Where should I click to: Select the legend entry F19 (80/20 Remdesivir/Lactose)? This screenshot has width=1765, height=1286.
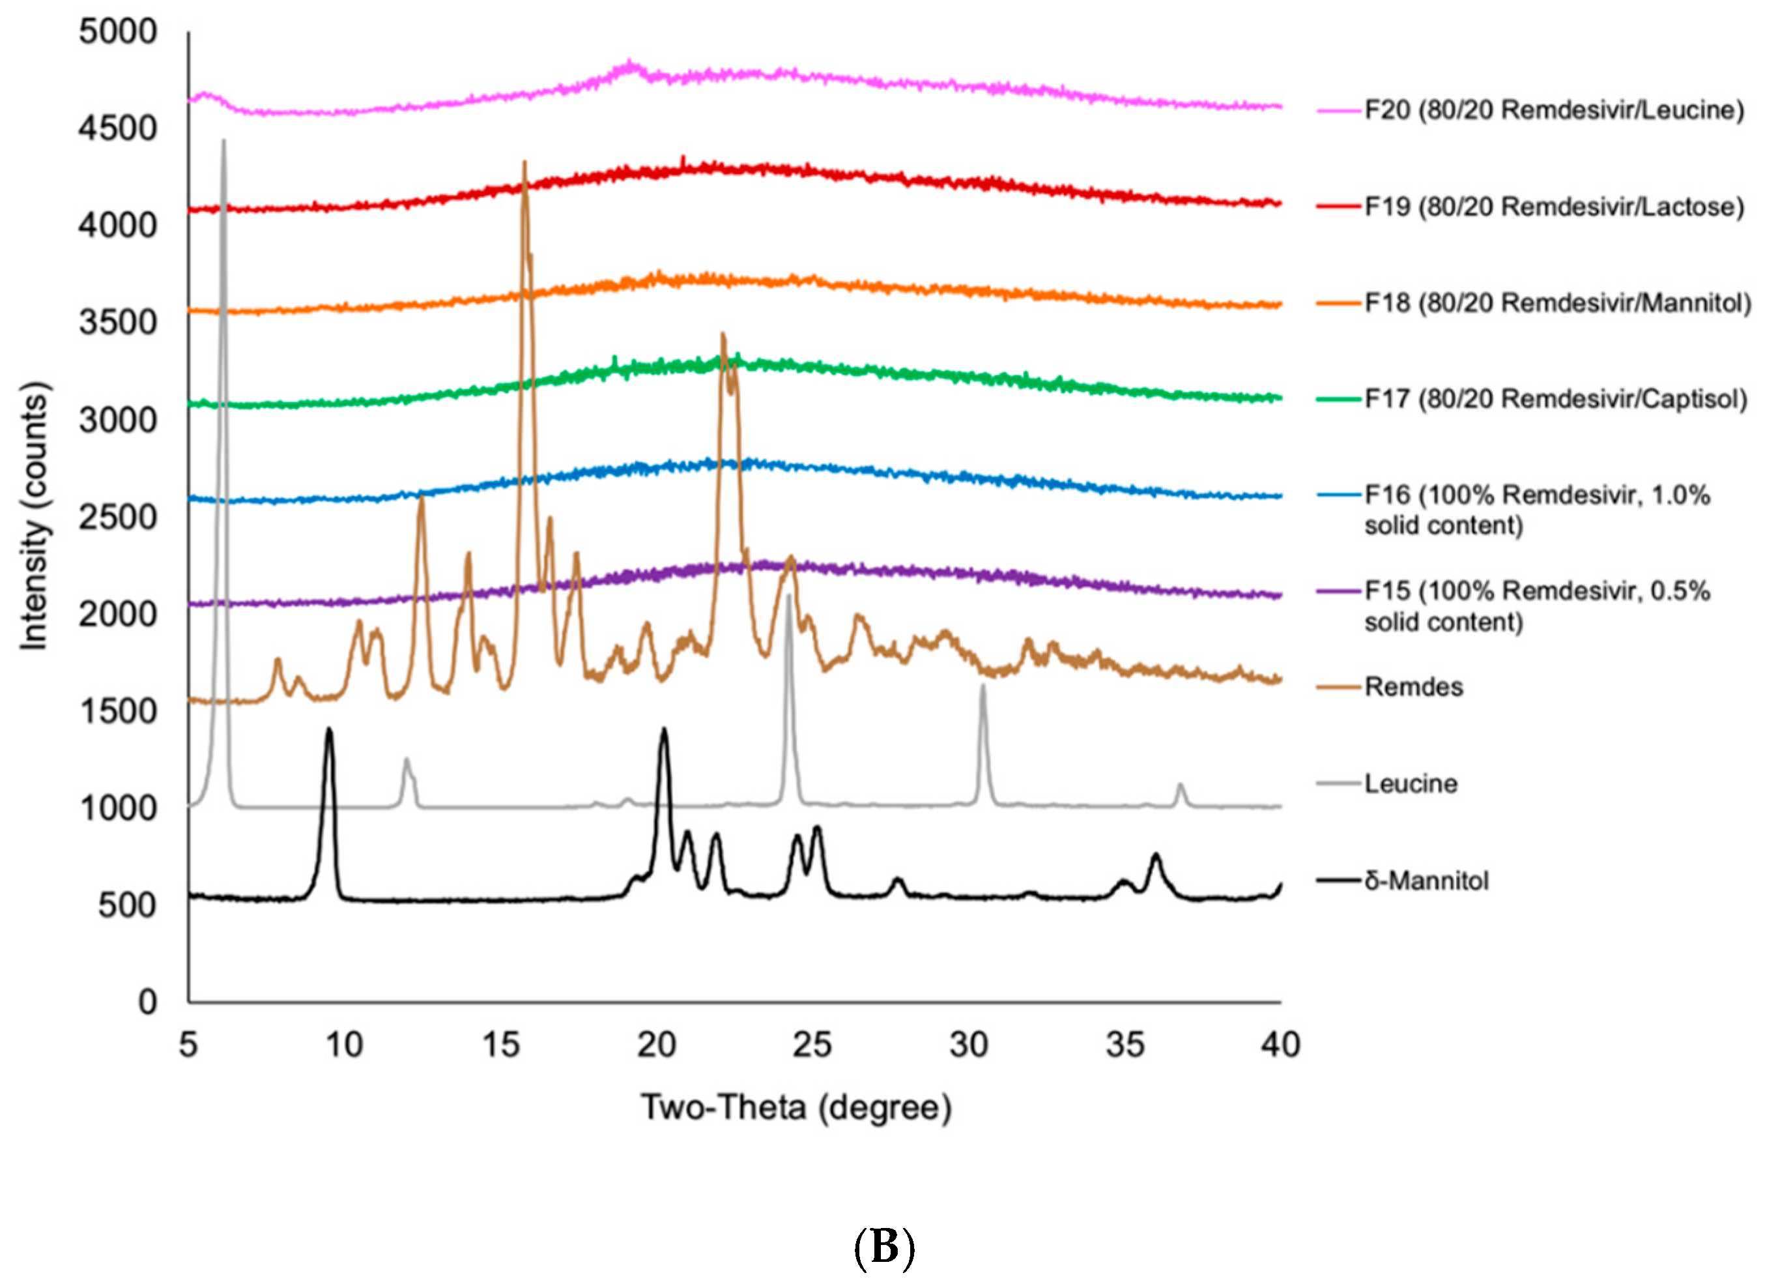coord(1553,207)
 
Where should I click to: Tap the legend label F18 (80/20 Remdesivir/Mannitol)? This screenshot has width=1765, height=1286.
coord(1557,303)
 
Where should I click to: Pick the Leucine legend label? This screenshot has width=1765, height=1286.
coord(1410,784)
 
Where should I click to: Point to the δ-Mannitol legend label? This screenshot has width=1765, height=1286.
coord(1426,881)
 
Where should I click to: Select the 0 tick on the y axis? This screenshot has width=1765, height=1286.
coord(147,1002)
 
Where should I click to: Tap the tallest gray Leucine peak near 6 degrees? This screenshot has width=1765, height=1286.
coord(223,144)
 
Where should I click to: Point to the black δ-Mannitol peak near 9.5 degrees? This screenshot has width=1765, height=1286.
coord(329,732)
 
